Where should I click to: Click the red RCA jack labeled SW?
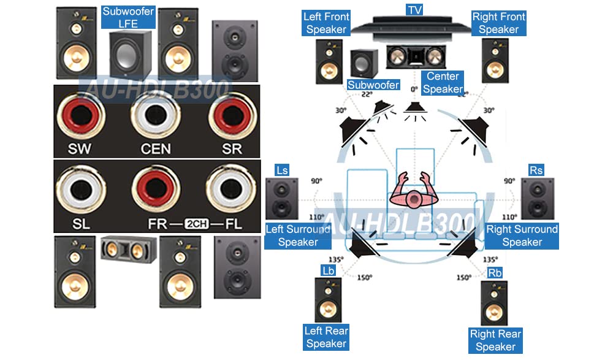click(x=81, y=115)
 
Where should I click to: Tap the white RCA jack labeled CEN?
click(x=156, y=115)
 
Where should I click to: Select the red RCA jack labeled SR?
click(x=232, y=115)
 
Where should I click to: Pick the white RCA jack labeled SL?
click(x=82, y=190)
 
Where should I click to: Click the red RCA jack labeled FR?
click(x=156, y=189)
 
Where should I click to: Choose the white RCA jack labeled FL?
click(x=231, y=189)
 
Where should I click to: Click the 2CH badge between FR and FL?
click(x=196, y=223)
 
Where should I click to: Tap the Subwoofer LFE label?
click(x=128, y=17)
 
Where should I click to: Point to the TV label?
click(x=415, y=9)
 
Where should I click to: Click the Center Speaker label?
click(x=443, y=83)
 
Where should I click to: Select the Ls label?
click(x=282, y=170)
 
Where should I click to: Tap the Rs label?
click(x=536, y=170)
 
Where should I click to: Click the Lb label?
click(x=328, y=271)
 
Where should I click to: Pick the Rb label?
click(x=495, y=273)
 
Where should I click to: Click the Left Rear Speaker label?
click(x=326, y=337)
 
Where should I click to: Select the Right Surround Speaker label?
click(x=522, y=236)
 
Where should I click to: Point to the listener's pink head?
click(x=414, y=199)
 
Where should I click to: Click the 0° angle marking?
click(x=414, y=89)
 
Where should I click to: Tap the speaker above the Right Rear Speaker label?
click(x=494, y=303)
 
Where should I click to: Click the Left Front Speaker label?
click(x=326, y=23)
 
